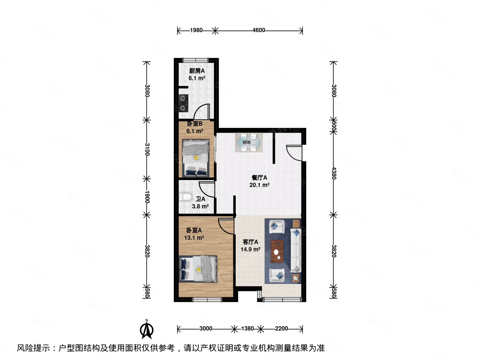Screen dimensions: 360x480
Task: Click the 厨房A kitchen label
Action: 197,71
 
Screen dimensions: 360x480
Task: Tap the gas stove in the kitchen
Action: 183,103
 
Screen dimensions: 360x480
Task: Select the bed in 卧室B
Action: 196,158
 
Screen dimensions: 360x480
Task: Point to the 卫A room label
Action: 200,199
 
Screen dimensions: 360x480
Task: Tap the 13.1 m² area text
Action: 194,238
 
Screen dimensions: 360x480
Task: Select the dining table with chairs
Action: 249,143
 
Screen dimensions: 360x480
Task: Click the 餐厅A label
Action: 259,178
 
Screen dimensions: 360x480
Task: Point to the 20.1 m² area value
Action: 259,185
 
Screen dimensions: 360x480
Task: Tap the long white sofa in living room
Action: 295,250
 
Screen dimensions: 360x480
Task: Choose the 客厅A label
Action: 250,242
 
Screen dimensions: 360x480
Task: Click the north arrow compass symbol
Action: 146,330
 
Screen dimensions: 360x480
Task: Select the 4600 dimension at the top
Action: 259,30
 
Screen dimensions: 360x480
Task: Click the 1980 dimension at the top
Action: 196,30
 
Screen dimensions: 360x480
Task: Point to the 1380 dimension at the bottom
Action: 247,329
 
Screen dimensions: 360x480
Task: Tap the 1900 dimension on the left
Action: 147,197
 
